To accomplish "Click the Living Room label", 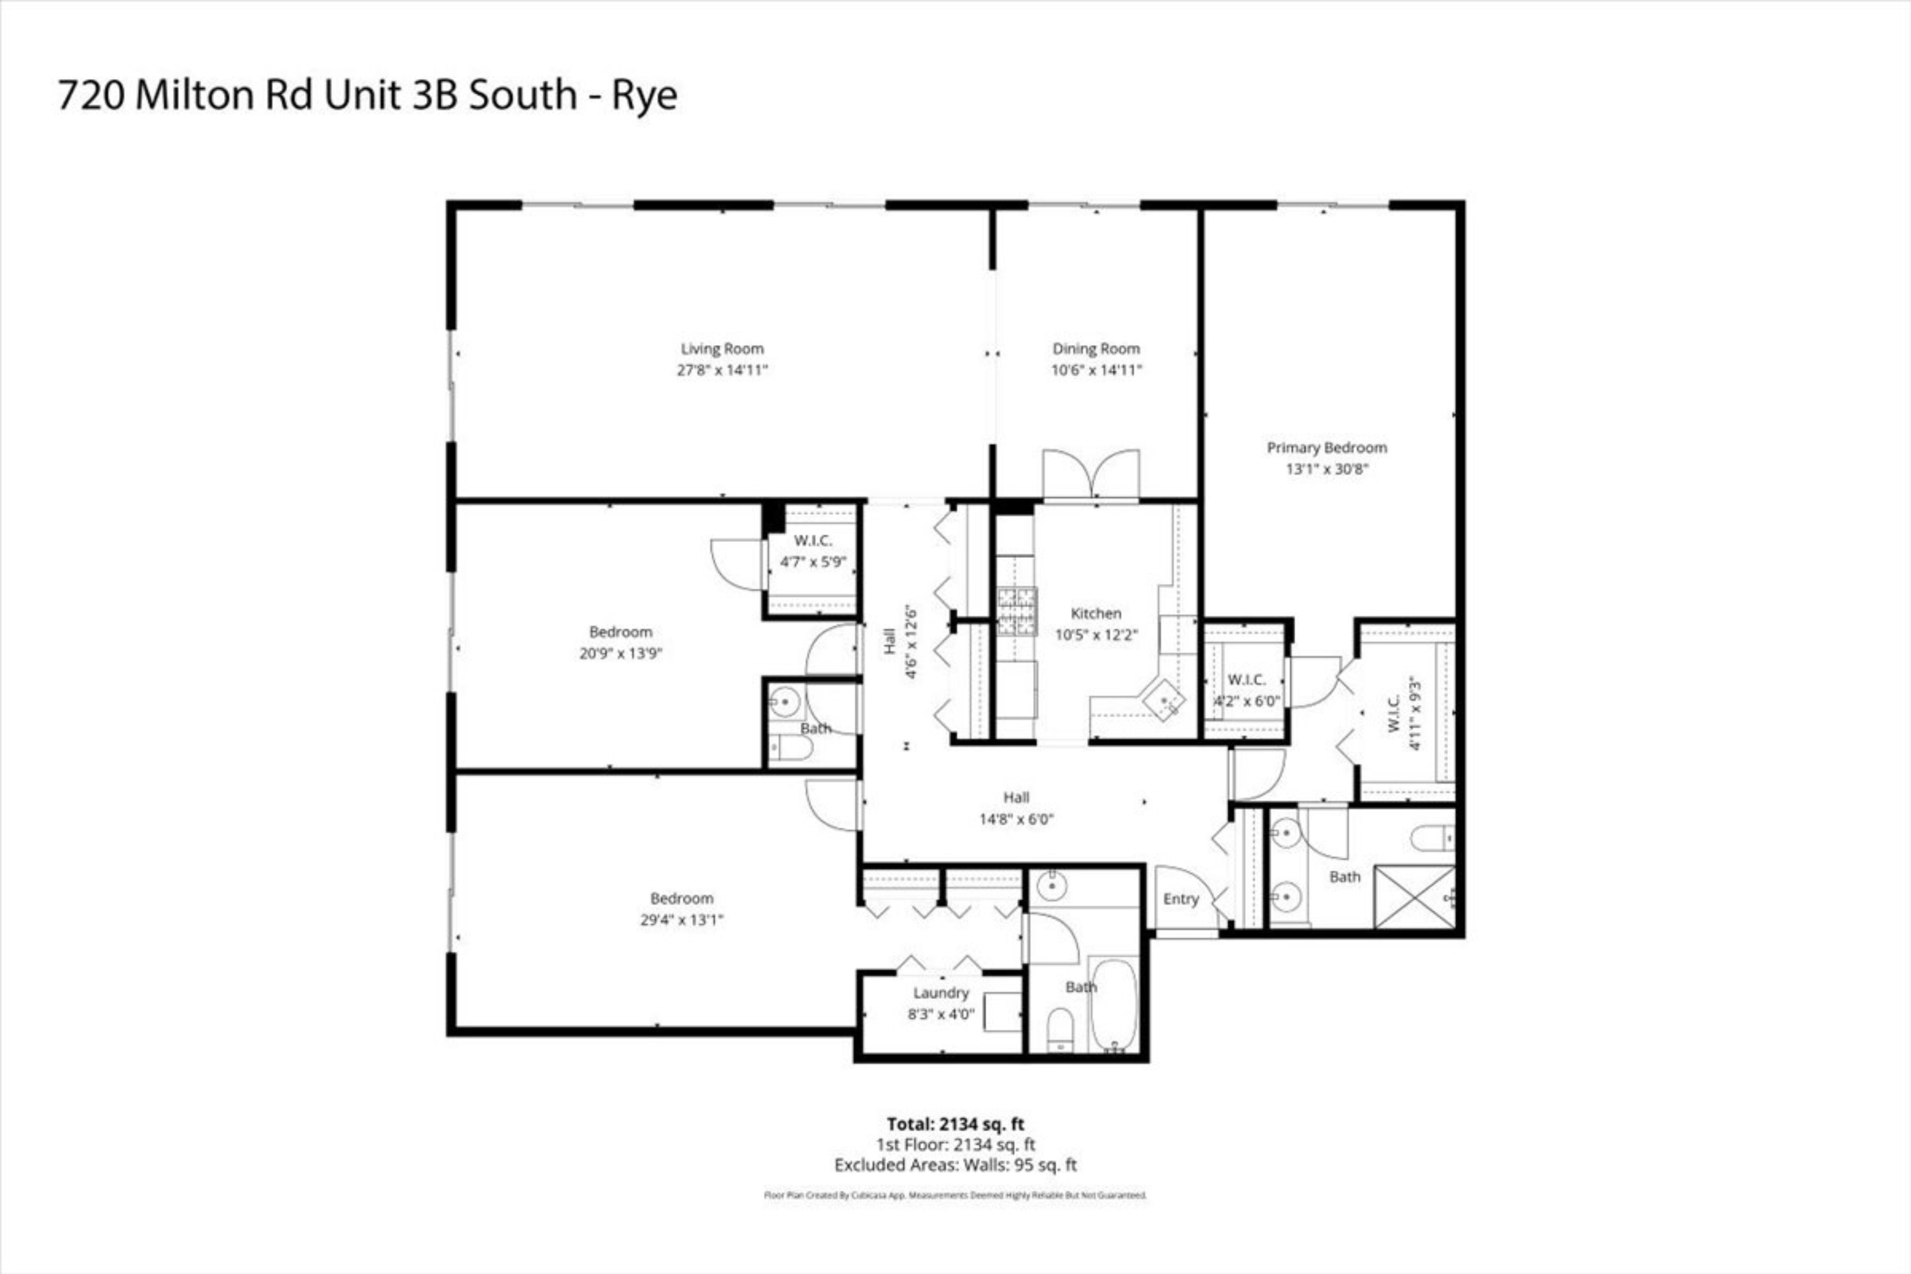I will tap(722, 348).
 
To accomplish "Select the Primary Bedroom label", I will tap(1326, 448).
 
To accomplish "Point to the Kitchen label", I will tap(1095, 613).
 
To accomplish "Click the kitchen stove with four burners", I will tap(1017, 610).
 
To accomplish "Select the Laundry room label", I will tap(940, 993).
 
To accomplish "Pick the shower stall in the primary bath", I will tap(1414, 897).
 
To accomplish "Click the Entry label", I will tap(1180, 899).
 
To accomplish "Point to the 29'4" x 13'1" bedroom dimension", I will tap(681, 920).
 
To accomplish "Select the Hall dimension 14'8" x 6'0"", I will tap(1015, 819).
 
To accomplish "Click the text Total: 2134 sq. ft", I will tap(955, 1124).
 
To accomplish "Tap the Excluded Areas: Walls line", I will tap(955, 1165).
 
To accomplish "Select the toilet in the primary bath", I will tap(1431, 838).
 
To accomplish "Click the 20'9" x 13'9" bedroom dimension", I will tap(620, 654).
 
